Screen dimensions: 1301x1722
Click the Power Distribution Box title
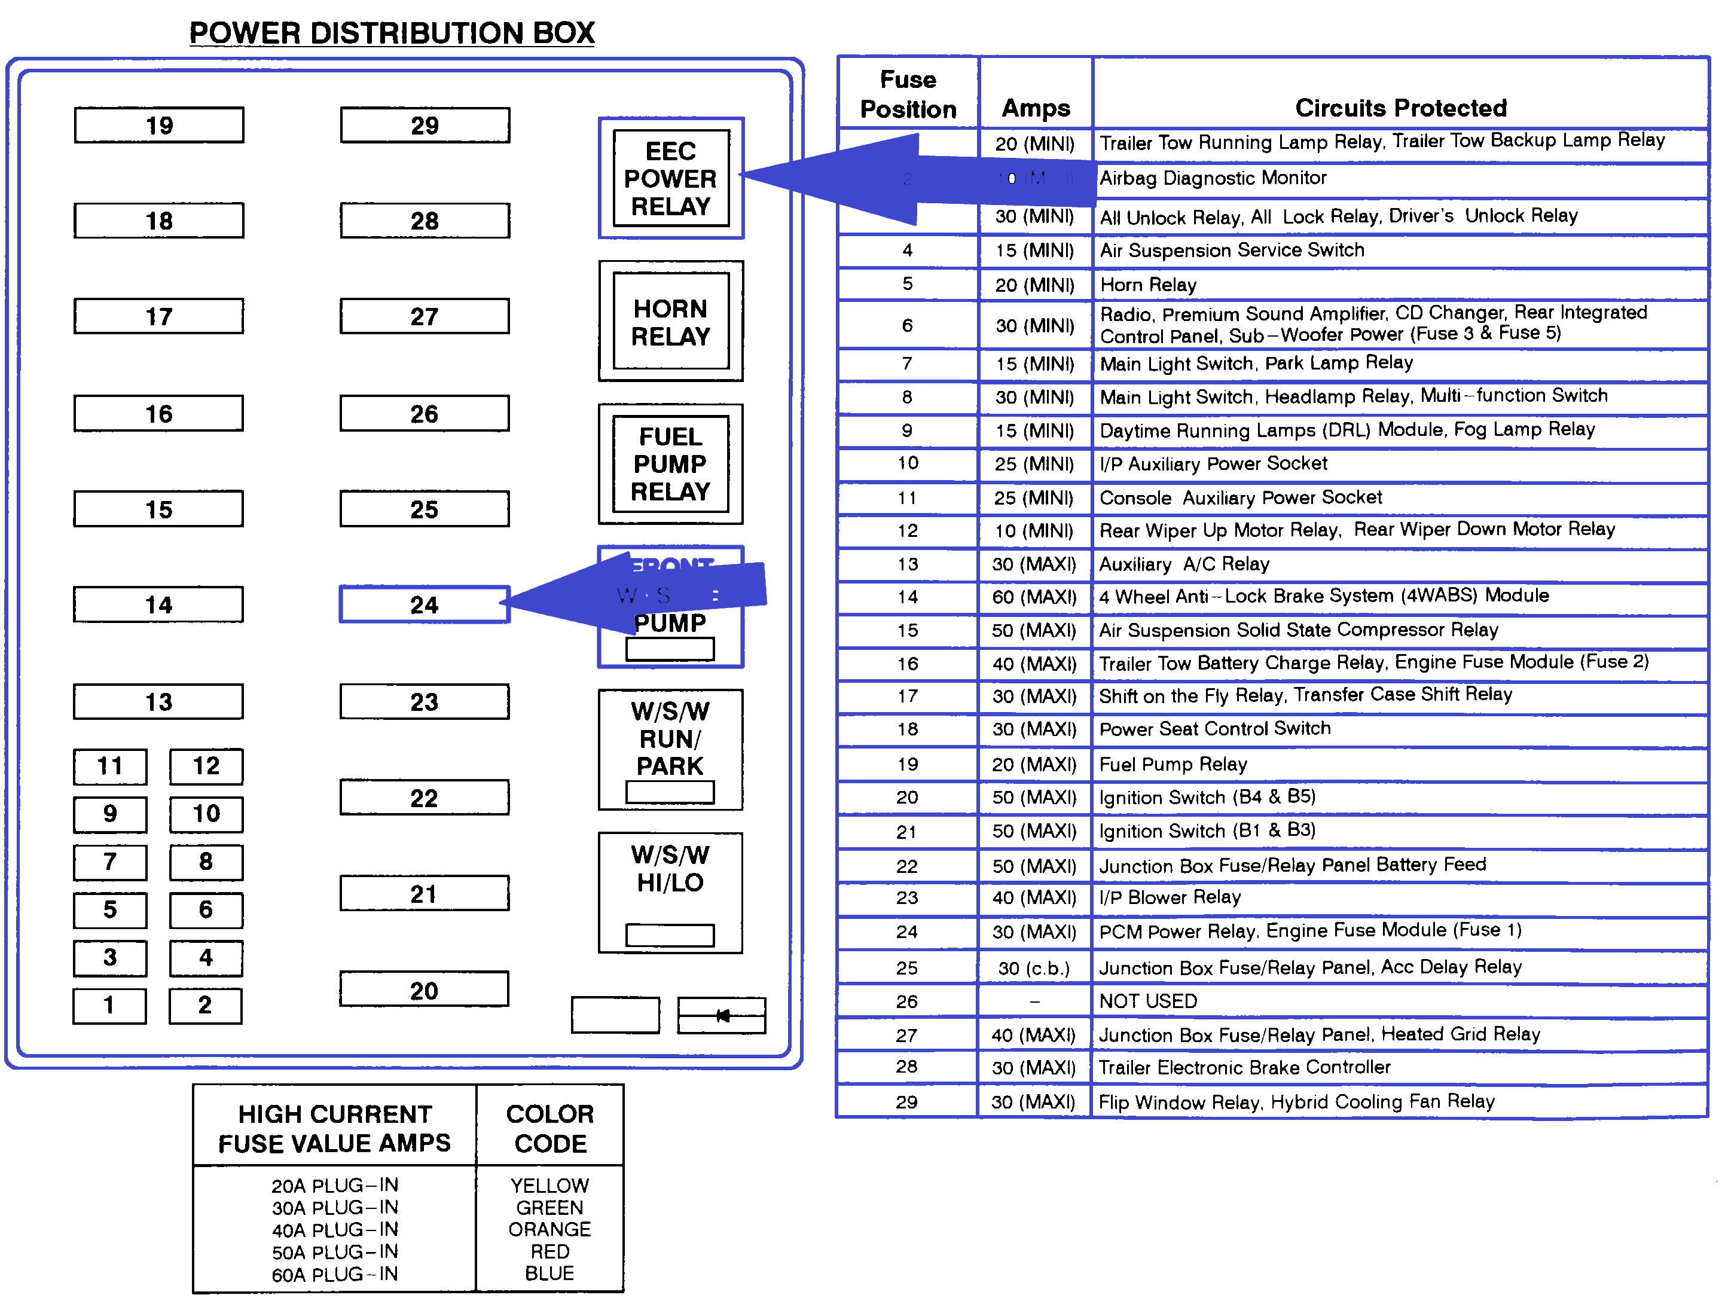click(x=392, y=33)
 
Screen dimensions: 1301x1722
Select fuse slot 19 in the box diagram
click(x=159, y=126)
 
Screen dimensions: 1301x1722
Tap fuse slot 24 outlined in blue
click(x=425, y=605)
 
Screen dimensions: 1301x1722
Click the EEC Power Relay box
click(x=670, y=178)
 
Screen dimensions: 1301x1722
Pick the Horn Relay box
click(x=670, y=322)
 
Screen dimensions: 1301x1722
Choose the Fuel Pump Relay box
click(x=670, y=464)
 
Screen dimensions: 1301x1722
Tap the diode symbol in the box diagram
click(x=722, y=1015)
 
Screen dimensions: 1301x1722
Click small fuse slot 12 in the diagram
click(x=206, y=766)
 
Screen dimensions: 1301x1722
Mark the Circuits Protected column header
click(x=1400, y=108)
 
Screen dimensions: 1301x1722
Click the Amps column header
click(x=1036, y=108)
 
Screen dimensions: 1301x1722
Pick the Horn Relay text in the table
click(x=1147, y=285)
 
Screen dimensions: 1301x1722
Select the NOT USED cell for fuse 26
click(x=1147, y=1001)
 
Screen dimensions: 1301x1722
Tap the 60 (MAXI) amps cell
click(x=1034, y=597)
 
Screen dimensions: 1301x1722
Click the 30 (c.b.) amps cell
click(x=1034, y=968)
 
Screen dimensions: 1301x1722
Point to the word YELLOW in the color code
click(x=549, y=1185)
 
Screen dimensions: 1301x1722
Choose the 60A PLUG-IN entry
click(x=335, y=1275)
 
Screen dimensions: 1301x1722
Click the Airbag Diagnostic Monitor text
click(x=1212, y=178)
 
